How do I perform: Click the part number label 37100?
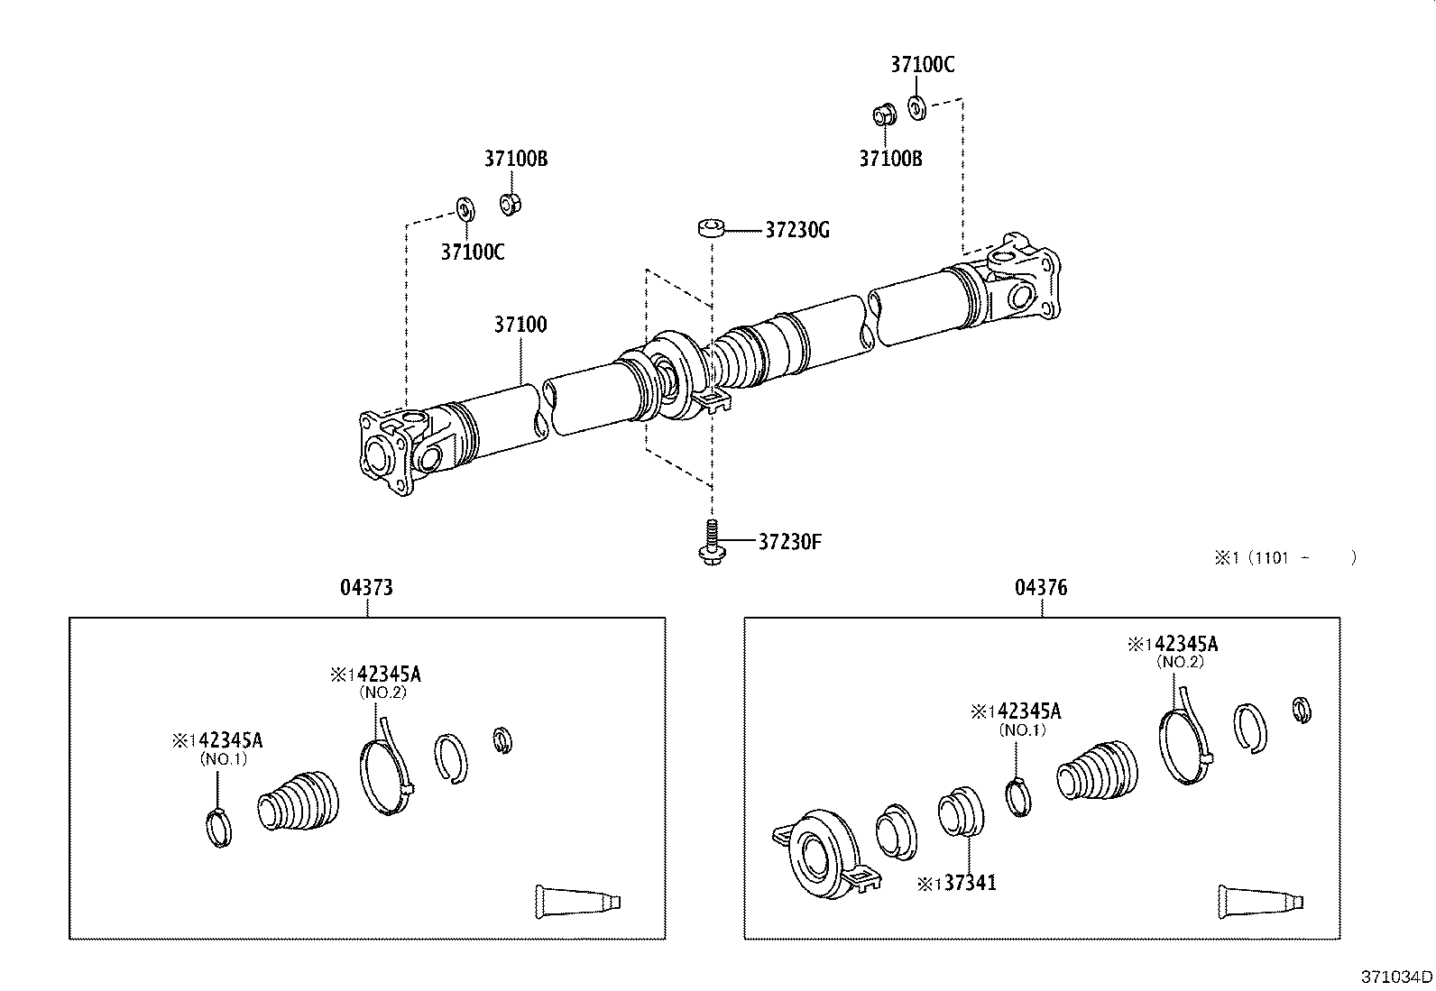pyautogui.click(x=520, y=325)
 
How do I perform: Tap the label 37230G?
pyautogui.click(x=796, y=230)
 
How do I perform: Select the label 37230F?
pyautogui.click(x=789, y=542)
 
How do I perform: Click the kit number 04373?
pyautogui.click(x=366, y=588)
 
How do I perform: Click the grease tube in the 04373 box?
pyautogui.click(x=577, y=900)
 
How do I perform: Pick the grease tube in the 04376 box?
pyautogui.click(x=1259, y=900)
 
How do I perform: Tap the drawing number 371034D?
pyautogui.click(x=1396, y=977)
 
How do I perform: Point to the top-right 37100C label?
pyautogui.click(x=922, y=64)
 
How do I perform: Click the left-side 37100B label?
pyautogui.click(x=515, y=159)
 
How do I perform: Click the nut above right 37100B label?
pyautogui.click(x=883, y=115)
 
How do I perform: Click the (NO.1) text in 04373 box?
pyautogui.click(x=222, y=759)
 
